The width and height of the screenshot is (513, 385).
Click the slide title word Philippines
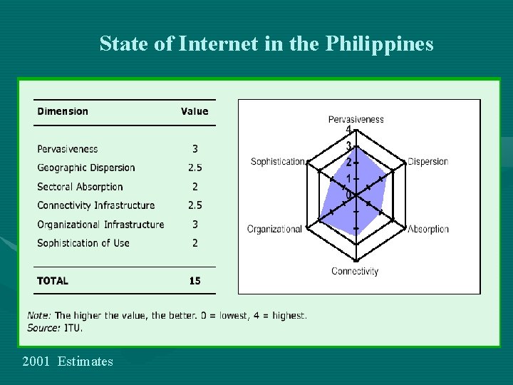[379, 44]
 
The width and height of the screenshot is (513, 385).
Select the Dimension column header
[63, 111]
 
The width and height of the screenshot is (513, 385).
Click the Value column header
[195, 111]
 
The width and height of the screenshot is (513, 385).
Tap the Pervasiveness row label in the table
[68, 149]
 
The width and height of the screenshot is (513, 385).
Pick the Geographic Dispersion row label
[86, 168]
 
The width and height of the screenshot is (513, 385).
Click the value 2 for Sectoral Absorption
[195, 187]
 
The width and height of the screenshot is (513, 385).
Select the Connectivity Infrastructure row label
[96, 205]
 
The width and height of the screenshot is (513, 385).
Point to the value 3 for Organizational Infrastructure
[195, 225]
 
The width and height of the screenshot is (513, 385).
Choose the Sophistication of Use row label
[83, 243]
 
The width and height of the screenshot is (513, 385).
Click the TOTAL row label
[53, 281]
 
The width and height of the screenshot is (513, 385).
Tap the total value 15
[195, 281]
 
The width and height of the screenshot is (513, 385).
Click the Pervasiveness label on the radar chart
[356, 119]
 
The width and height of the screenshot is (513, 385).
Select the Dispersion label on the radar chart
[427, 161]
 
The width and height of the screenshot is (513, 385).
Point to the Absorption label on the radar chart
[427, 229]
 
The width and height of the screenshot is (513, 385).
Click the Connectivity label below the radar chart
[355, 271]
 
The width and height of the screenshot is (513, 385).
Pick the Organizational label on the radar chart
[274, 229]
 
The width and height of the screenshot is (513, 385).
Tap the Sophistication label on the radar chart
[278, 161]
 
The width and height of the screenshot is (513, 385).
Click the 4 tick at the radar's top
[348, 130]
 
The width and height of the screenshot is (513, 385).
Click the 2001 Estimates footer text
[68, 361]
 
